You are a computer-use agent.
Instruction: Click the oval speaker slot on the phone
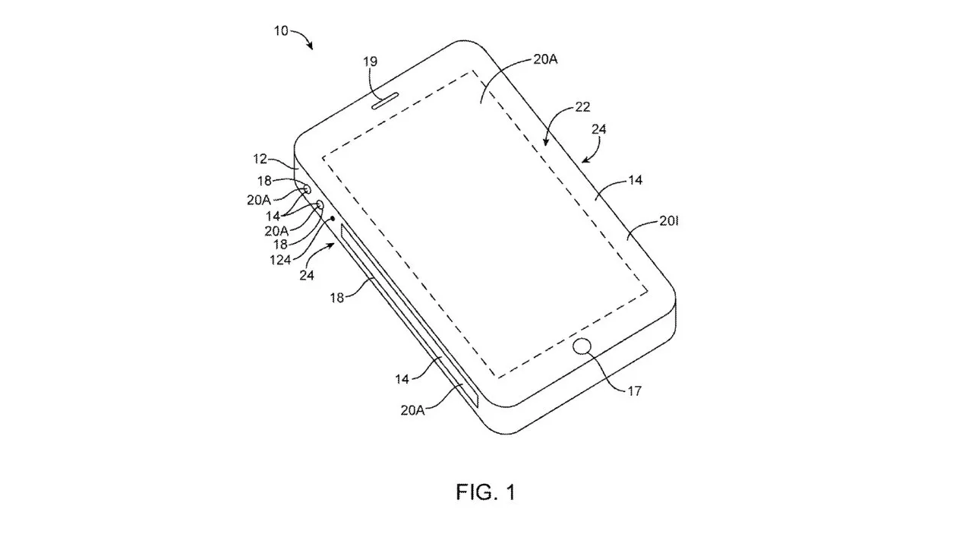[x=387, y=101]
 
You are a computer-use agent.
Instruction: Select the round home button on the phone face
[x=582, y=348]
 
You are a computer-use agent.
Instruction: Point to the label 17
[x=635, y=391]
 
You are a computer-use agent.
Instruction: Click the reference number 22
[x=582, y=107]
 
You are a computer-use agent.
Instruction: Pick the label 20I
[x=668, y=223]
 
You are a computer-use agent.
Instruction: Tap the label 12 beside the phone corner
[x=261, y=160]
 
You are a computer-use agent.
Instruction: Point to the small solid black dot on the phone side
[x=333, y=218]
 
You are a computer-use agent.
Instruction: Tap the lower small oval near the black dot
[x=319, y=205]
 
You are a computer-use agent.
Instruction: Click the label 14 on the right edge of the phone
[x=635, y=180]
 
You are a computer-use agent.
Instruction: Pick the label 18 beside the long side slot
[x=336, y=297]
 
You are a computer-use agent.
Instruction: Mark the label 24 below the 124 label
[x=307, y=275]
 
